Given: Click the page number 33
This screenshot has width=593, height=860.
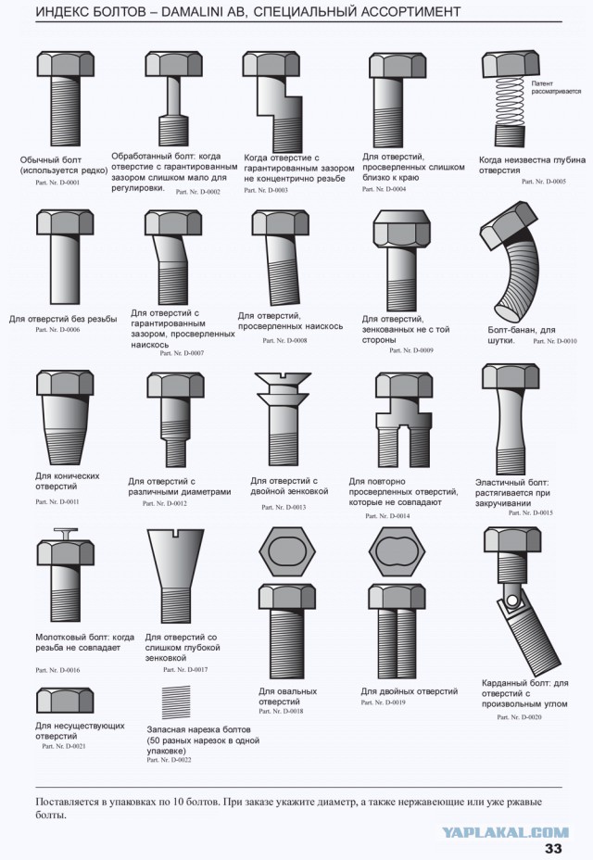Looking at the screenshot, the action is click(553, 848).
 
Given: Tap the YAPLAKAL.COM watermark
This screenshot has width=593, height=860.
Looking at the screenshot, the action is click(505, 832).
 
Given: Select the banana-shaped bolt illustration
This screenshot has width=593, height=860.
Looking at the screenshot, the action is click(510, 261).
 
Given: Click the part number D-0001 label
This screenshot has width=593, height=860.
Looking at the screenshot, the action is click(57, 182).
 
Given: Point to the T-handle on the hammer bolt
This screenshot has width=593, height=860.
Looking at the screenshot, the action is click(65, 533).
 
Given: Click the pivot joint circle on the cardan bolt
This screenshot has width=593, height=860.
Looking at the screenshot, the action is click(512, 599).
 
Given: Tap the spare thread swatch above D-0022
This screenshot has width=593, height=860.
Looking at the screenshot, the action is click(176, 702).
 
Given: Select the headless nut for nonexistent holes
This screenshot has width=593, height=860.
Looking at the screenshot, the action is click(65, 701).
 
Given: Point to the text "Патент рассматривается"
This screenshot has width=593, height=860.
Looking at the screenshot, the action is click(556, 87).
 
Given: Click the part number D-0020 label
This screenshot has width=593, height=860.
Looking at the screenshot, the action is click(519, 717).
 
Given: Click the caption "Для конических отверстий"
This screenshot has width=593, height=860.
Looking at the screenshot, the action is click(68, 481).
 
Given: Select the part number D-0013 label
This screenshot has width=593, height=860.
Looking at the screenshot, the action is click(284, 507).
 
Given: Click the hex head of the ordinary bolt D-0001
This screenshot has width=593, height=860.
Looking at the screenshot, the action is click(65, 65).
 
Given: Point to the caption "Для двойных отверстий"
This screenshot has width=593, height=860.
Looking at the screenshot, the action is click(410, 691).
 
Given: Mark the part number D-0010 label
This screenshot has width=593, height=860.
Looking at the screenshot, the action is click(555, 341).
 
